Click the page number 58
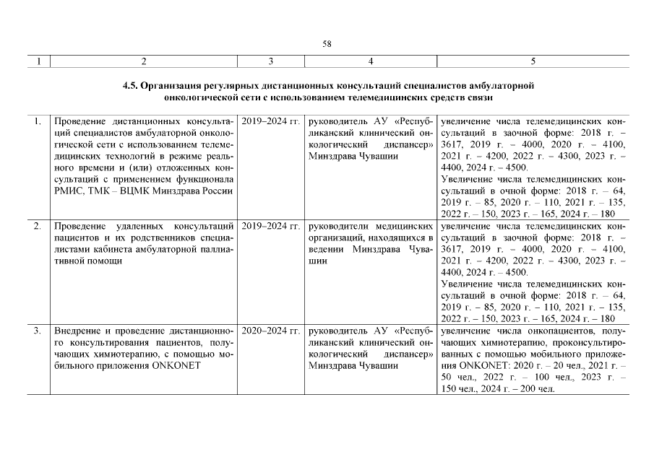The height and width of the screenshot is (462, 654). (327, 45)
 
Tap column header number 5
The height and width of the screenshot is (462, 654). (533, 61)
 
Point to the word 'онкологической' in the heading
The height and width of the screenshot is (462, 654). (197, 96)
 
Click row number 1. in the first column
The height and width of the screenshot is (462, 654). (37, 121)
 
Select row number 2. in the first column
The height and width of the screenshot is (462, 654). (37, 227)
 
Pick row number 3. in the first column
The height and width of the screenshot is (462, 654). (37, 331)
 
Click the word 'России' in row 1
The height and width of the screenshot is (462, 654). (216, 191)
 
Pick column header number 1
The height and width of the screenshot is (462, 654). (37, 61)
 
